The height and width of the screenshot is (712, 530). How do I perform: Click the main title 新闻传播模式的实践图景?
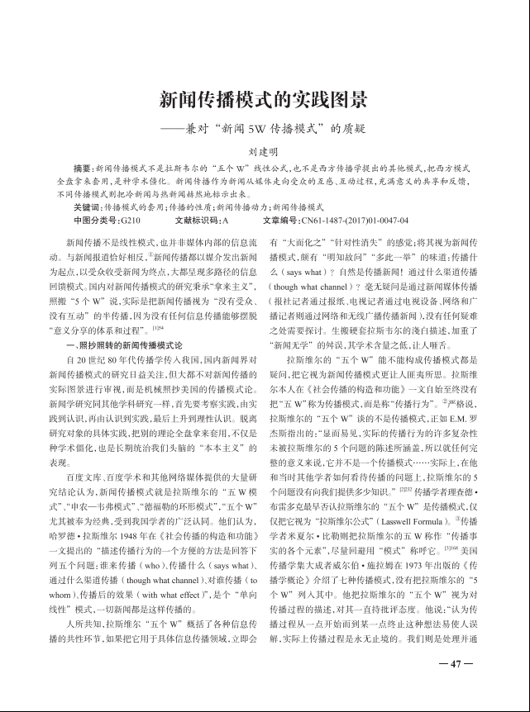coord(264,102)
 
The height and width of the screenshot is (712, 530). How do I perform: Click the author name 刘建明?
coord(264,153)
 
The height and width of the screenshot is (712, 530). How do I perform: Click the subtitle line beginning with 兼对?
coord(264,129)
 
